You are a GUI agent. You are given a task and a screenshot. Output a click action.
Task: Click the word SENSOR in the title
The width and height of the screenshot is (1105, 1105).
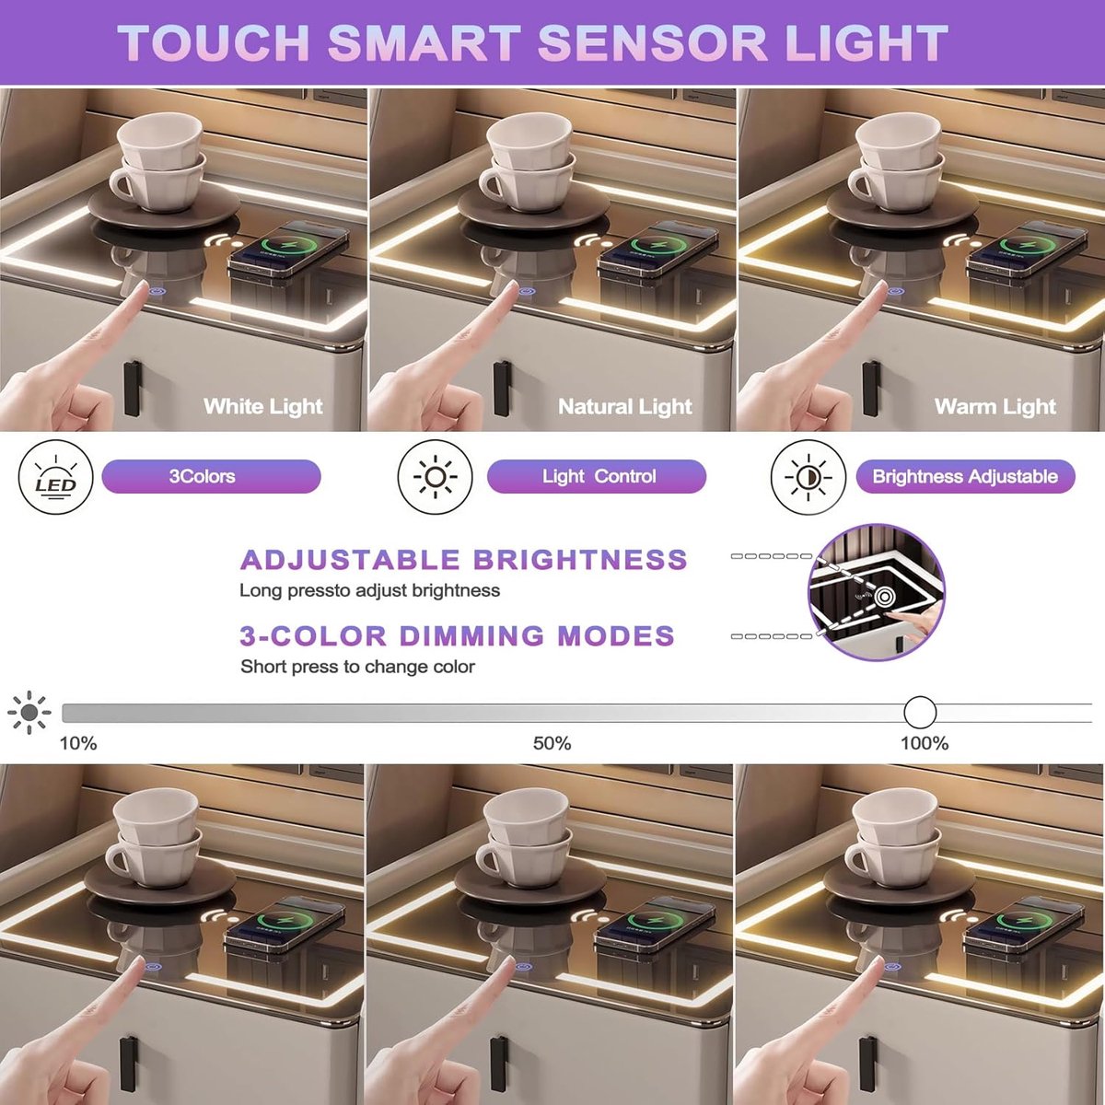(653, 42)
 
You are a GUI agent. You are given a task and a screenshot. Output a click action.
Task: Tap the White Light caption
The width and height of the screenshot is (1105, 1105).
(263, 407)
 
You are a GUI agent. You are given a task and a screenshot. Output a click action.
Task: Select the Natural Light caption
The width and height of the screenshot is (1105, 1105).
(625, 407)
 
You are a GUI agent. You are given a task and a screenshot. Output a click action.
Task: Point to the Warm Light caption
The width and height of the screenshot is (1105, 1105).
(994, 407)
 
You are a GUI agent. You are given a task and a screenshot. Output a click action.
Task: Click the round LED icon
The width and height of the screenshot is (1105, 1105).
(55, 477)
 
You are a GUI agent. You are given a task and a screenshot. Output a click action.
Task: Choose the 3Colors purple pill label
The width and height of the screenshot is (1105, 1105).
(211, 476)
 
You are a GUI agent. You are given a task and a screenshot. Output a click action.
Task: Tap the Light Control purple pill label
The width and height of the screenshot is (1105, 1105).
(597, 476)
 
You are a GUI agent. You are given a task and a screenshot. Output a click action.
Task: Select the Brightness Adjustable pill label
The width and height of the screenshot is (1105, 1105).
(965, 476)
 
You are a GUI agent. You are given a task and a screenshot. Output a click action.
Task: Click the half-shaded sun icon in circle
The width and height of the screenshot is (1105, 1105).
(808, 477)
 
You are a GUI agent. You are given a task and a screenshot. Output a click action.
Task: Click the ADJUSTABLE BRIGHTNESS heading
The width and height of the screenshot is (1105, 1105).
(464, 560)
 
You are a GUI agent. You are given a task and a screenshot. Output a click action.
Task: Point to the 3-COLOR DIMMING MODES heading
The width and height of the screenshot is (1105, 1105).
(457, 636)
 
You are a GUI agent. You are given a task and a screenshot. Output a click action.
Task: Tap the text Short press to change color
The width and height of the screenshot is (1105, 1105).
(358, 667)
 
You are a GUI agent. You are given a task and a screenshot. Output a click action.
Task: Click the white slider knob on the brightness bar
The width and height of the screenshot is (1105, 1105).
(920, 712)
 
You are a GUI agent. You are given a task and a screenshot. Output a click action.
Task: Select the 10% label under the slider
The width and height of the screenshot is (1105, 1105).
(78, 744)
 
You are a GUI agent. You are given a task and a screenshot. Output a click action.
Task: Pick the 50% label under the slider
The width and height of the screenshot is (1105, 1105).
(552, 744)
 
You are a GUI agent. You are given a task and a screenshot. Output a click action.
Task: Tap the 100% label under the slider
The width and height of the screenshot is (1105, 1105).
(925, 744)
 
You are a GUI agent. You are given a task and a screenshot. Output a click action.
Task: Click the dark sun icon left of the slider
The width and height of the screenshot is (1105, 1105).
(29, 712)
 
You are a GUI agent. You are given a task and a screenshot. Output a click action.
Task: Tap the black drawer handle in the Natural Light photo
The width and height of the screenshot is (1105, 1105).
(502, 389)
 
